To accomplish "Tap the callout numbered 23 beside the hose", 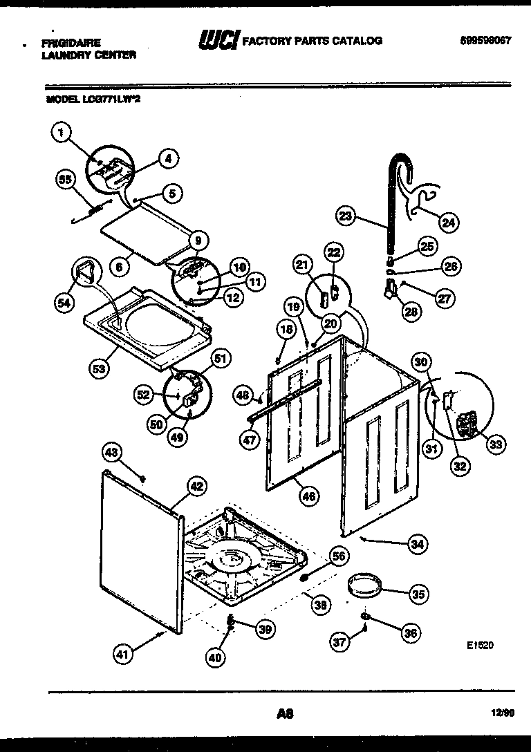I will coord(344,216).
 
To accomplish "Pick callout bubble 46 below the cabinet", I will coord(308,494).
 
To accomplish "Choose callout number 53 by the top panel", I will coord(100,368).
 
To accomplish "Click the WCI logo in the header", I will coord(217,41).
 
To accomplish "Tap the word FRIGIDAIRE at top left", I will coord(71,43).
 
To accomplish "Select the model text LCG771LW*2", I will coord(97,99).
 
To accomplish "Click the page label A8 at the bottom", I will coord(284,714).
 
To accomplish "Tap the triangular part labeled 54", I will coord(84,271).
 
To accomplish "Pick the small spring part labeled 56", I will coord(304,575).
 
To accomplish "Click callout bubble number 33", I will coord(495,444).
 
